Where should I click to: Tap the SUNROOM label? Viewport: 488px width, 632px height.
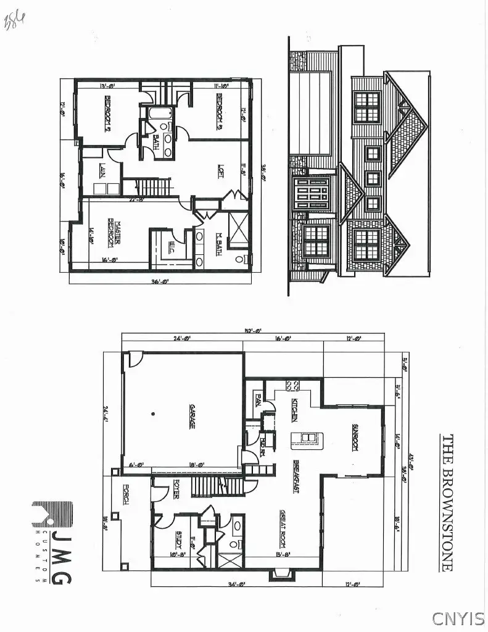tap(355, 437)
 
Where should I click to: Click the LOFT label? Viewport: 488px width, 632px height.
tap(220, 170)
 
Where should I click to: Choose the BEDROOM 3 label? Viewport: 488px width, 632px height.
tap(220, 112)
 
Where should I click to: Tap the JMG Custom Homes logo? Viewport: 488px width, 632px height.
tap(52, 543)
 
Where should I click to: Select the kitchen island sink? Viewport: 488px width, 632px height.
tap(307, 438)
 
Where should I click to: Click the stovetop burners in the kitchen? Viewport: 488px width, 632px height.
tap(292, 386)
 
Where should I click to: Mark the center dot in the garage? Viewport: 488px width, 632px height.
tap(154, 412)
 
